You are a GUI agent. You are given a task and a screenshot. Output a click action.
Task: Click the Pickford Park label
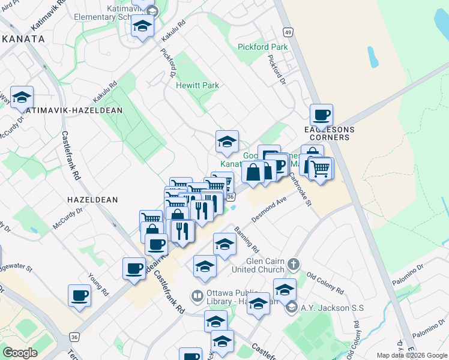point(262,47)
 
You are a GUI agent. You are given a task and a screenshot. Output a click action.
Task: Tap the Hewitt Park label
point(197,85)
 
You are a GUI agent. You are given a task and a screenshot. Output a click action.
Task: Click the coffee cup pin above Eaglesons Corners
point(321,115)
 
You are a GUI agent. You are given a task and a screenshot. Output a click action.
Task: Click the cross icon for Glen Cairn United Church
point(293,263)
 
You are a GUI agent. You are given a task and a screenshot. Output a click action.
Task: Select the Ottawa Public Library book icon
point(196,295)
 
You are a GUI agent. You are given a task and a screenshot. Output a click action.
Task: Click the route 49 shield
point(288,32)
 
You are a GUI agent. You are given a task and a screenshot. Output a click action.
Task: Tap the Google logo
point(20,353)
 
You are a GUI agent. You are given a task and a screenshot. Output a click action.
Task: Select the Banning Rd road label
point(247,239)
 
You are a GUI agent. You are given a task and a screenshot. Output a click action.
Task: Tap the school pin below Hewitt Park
point(227,142)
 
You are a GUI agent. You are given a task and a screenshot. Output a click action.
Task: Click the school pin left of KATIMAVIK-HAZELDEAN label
point(22,97)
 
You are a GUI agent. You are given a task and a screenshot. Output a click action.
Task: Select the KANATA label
point(22,38)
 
